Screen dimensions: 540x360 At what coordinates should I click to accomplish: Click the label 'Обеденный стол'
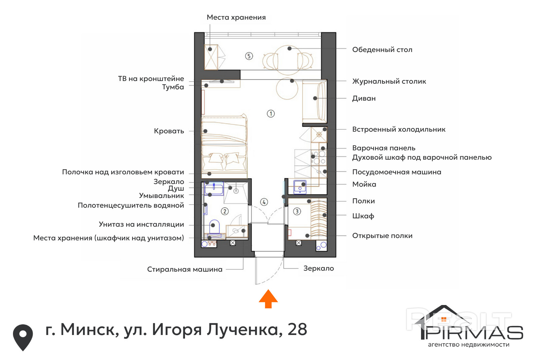382,50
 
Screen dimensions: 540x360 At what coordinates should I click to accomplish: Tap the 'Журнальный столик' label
389,81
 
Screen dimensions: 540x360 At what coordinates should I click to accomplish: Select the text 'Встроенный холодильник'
399,129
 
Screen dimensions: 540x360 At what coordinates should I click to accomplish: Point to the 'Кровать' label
169,131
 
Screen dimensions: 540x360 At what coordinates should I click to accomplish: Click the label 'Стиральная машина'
185,269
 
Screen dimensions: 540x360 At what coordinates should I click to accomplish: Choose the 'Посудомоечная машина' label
397,172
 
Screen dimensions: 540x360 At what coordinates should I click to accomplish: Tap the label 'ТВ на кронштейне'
151,79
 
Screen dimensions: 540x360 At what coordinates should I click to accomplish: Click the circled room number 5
249,56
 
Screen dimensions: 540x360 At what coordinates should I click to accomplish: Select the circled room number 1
271,114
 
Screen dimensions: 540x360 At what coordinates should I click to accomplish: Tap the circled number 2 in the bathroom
225,211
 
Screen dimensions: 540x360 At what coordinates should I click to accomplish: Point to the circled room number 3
297,211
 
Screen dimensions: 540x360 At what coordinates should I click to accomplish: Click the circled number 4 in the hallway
264,202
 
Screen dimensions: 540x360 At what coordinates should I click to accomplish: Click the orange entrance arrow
268,299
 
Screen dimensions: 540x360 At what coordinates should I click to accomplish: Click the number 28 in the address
297,329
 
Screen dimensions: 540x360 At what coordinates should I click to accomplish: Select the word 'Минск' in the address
89,329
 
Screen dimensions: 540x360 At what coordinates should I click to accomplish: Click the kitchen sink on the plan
300,187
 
